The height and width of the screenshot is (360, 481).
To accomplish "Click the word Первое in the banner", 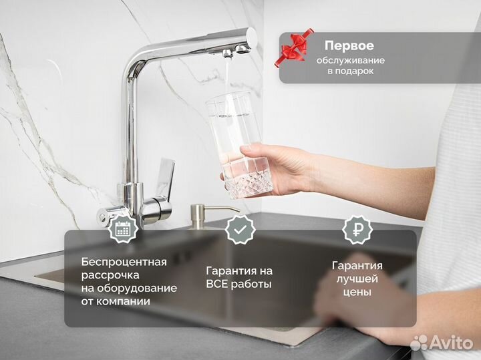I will pyautogui.click(x=349, y=46).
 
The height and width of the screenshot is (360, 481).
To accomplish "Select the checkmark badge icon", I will pyautogui.click(x=239, y=229).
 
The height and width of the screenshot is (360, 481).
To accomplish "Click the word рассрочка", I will pyautogui.click(x=110, y=275).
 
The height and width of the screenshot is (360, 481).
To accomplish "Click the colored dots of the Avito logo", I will pyautogui.click(x=418, y=343).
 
